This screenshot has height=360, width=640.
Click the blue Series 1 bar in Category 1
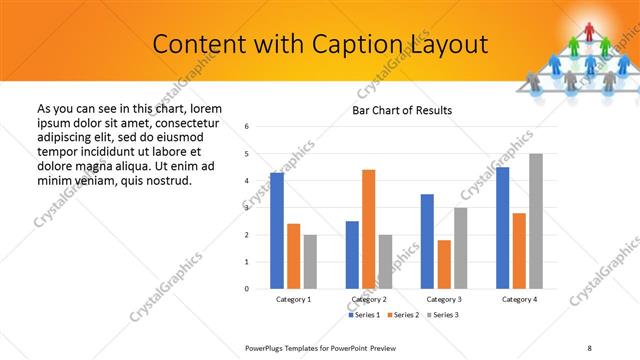click(x=277, y=231)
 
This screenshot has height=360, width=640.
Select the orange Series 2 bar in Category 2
click(x=368, y=229)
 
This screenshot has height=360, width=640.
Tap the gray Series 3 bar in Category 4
click(x=536, y=221)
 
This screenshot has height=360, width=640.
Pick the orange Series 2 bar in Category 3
click(x=444, y=264)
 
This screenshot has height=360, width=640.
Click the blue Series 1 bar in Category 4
click(x=502, y=228)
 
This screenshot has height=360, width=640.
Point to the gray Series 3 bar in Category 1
click(x=311, y=262)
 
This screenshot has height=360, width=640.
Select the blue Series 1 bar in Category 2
click(x=352, y=255)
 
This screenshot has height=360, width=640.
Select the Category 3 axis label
click(x=443, y=300)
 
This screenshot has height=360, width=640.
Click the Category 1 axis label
click(x=293, y=300)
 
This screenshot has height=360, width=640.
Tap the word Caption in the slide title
click(x=359, y=44)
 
